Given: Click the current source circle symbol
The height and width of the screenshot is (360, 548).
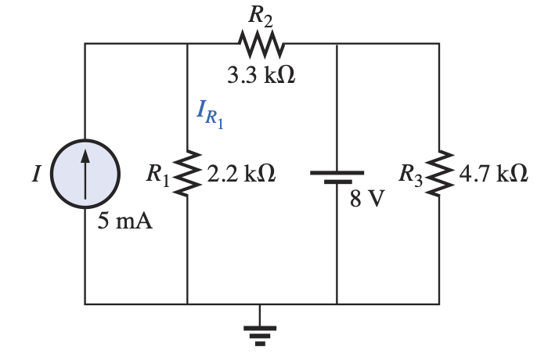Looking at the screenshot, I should pyautogui.click(x=85, y=173).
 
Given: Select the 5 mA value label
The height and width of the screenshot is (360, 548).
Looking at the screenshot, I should pyautogui.click(x=125, y=221).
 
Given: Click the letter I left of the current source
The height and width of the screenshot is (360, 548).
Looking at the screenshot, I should pyautogui.click(x=34, y=175).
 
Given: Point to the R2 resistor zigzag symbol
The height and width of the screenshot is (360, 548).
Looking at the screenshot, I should pyautogui.click(x=259, y=44).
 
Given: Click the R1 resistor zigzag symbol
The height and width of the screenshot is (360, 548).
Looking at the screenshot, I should pyautogui.click(x=188, y=174).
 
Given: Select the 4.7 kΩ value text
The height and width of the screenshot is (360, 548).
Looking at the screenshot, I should pyautogui.click(x=493, y=174).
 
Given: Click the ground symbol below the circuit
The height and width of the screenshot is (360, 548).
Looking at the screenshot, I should pyautogui.click(x=259, y=332).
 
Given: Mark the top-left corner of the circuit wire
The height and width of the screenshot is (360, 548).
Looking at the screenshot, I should pyautogui.click(x=85, y=45).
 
